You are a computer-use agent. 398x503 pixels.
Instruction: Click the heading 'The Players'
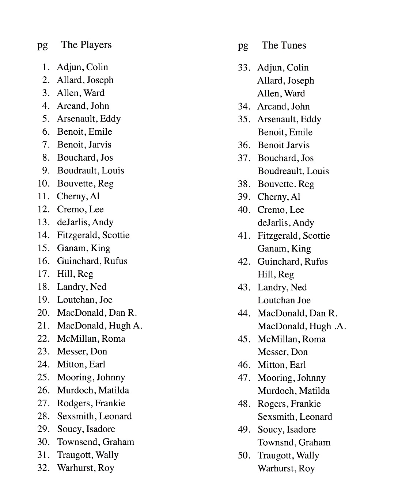(x=86, y=45)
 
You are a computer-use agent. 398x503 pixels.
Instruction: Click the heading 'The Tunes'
(x=284, y=46)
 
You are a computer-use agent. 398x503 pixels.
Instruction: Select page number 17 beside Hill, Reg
(x=43, y=274)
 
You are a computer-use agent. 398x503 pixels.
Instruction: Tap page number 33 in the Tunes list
(x=244, y=68)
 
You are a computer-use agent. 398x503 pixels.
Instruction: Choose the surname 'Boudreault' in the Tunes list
(x=280, y=171)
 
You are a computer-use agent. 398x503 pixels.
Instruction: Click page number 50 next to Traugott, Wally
(x=244, y=456)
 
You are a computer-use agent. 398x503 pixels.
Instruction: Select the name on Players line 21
(x=99, y=326)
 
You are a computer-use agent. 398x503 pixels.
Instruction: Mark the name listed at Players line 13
(x=85, y=222)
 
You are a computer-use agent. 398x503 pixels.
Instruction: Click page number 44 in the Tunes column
(x=244, y=313)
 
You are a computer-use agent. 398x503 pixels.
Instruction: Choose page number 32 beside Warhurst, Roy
(x=43, y=468)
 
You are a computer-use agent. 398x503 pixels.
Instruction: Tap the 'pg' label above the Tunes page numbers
(x=243, y=46)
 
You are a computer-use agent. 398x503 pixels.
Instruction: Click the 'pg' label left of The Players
(x=42, y=45)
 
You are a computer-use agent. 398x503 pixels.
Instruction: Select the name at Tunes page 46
(x=281, y=365)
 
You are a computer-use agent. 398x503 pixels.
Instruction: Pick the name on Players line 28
(x=94, y=416)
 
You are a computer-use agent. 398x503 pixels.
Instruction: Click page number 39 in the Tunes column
(x=244, y=197)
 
